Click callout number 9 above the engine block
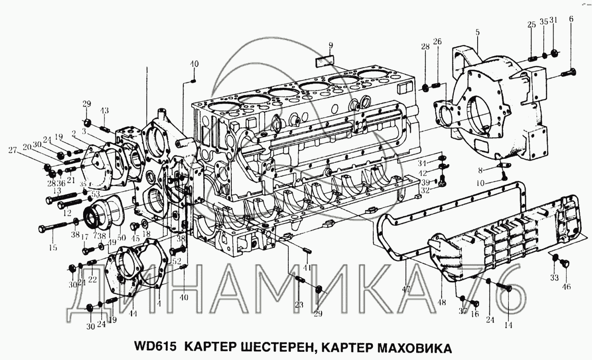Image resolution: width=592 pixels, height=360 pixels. pos(331,45)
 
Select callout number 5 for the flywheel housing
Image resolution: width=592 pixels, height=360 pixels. pos(477,33)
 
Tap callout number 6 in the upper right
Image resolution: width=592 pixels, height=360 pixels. pos(571,19)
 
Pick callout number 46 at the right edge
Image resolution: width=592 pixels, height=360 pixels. pos(566,286)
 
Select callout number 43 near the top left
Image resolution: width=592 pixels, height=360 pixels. pos(104,110)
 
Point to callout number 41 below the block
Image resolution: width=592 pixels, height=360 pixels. pos(307,268)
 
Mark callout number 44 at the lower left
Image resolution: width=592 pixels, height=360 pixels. pos(134,313)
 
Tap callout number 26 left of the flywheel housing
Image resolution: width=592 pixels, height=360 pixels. pos(437,42)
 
